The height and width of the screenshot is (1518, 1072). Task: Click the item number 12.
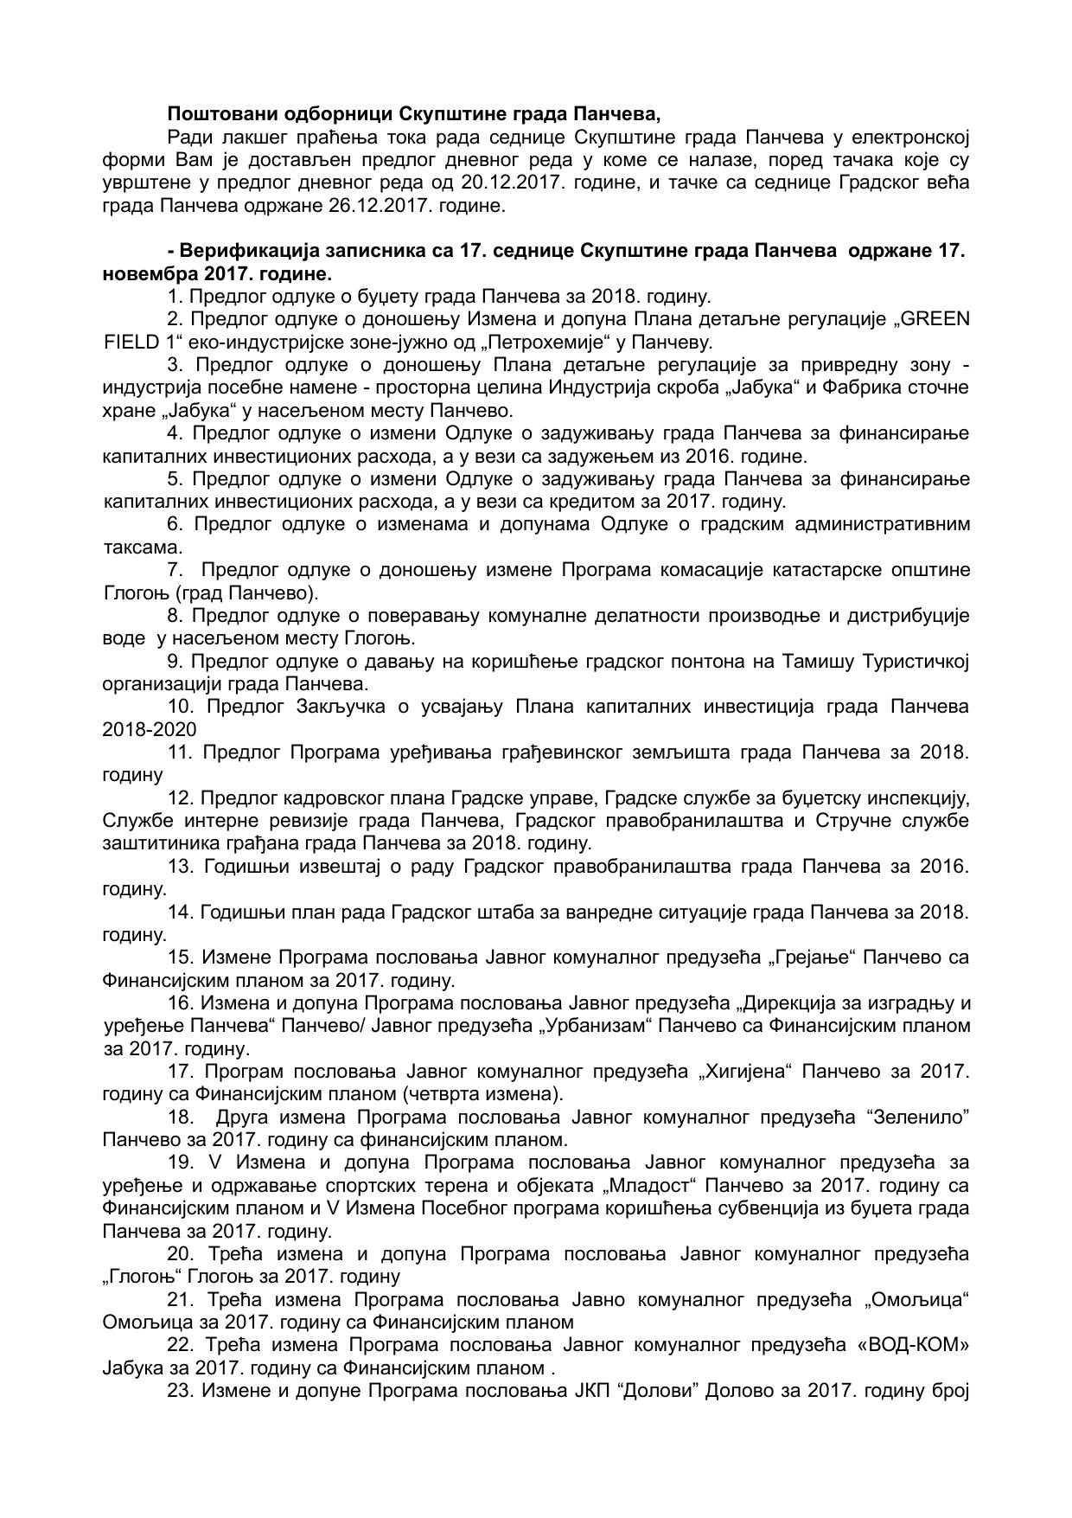[x=181, y=797]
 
